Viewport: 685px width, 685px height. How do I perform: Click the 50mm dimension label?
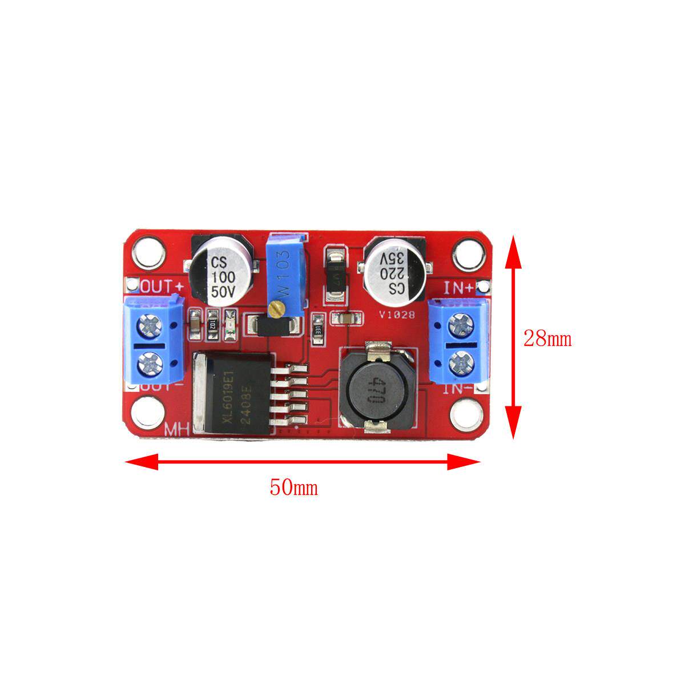pyautogui.click(x=293, y=488)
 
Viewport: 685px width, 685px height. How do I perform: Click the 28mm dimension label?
pyautogui.click(x=547, y=339)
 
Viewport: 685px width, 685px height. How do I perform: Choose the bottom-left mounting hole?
pyautogui.click(x=148, y=415)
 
